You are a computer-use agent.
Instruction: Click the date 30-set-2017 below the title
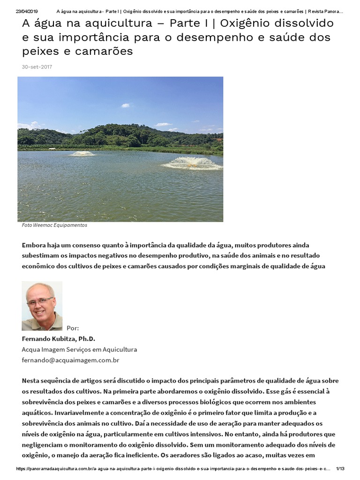(37, 67)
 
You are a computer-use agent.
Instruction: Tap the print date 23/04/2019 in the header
(27, 11)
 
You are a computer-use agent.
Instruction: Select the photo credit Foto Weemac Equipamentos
(54, 225)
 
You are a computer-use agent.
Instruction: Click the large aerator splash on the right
(192, 163)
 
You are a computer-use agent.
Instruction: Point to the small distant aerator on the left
(82, 153)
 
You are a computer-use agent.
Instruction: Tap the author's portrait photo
(42, 306)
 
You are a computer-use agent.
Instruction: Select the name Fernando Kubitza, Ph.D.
(59, 339)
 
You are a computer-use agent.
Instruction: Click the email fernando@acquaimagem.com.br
(71, 360)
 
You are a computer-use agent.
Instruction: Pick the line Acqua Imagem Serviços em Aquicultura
(79, 350)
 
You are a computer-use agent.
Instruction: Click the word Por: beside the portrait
(73, 328)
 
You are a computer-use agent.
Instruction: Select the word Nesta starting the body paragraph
(31, 381)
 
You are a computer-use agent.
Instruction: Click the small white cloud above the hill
(126, 105)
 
